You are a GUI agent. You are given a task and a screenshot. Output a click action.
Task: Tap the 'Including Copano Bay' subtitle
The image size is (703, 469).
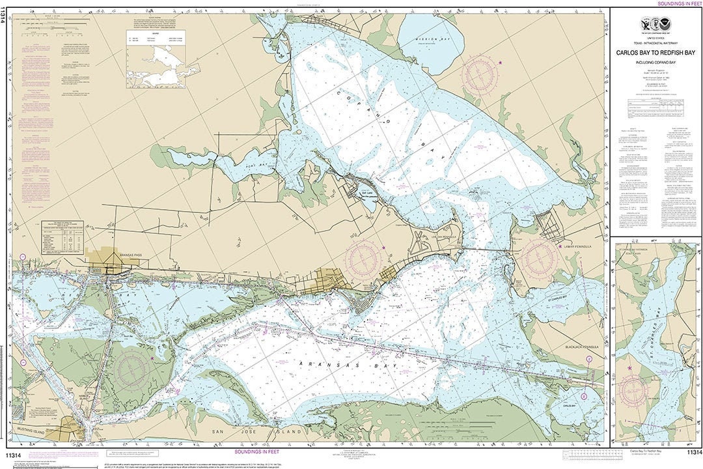(x=655, y=63)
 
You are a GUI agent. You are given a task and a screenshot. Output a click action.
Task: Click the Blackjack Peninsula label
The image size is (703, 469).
(x=581, y=347)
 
